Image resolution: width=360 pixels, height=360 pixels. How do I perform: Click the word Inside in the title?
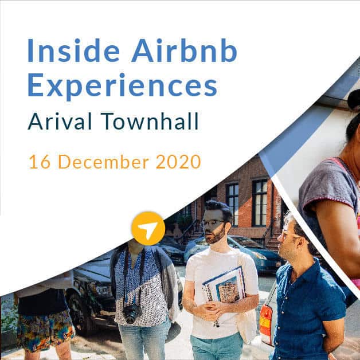coord(73,50)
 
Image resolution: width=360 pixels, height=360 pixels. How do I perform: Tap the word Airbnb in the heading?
coord(184,50)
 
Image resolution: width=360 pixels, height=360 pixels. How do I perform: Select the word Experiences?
coord(122,85)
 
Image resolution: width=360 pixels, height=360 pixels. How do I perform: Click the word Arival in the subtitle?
coord(60,121)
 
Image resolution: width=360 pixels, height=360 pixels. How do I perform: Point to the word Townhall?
coord(150,121)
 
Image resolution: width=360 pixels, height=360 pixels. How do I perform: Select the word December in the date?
coord(104,162)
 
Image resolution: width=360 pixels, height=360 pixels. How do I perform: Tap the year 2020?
coord(178,162)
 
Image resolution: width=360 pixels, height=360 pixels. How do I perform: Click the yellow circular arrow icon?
coord(148,228)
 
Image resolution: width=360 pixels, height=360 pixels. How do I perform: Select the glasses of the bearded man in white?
coord(213,222)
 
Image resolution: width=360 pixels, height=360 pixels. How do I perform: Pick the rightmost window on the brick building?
coord(260,202)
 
